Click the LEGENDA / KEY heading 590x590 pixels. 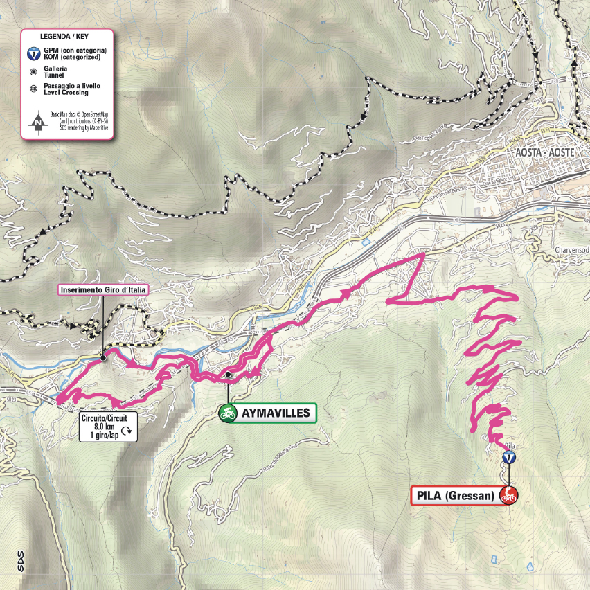67,35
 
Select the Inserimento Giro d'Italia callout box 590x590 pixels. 103,289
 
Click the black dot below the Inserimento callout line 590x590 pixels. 102,357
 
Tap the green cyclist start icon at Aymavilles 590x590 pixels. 227,414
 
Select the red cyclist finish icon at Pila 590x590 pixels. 509,495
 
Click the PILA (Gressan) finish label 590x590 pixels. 455,496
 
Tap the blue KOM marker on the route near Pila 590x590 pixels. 509,458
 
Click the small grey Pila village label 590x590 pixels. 511,446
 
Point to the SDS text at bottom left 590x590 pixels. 21,557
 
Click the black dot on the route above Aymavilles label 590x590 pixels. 227,375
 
